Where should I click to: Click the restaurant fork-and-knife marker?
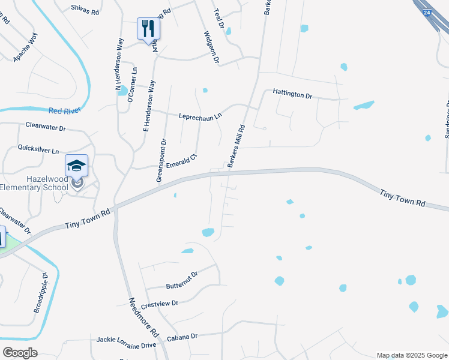click(x=148, y=28)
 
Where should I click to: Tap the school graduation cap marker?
click(x=76, y=166)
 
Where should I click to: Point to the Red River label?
click(x=64, y=111)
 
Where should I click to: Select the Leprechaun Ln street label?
click(x=200, y=116)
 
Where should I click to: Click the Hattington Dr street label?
click(x=292, y=95)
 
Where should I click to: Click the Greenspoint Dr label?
click(x=161, y=160)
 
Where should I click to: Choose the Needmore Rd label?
click(x=143, y=316)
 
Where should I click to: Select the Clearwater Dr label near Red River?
click(x=46, y=127)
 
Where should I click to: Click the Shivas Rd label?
click(x=85, y=8)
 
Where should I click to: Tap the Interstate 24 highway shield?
click(x=426, y=11)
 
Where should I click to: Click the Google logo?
click(x=20, y=352)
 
